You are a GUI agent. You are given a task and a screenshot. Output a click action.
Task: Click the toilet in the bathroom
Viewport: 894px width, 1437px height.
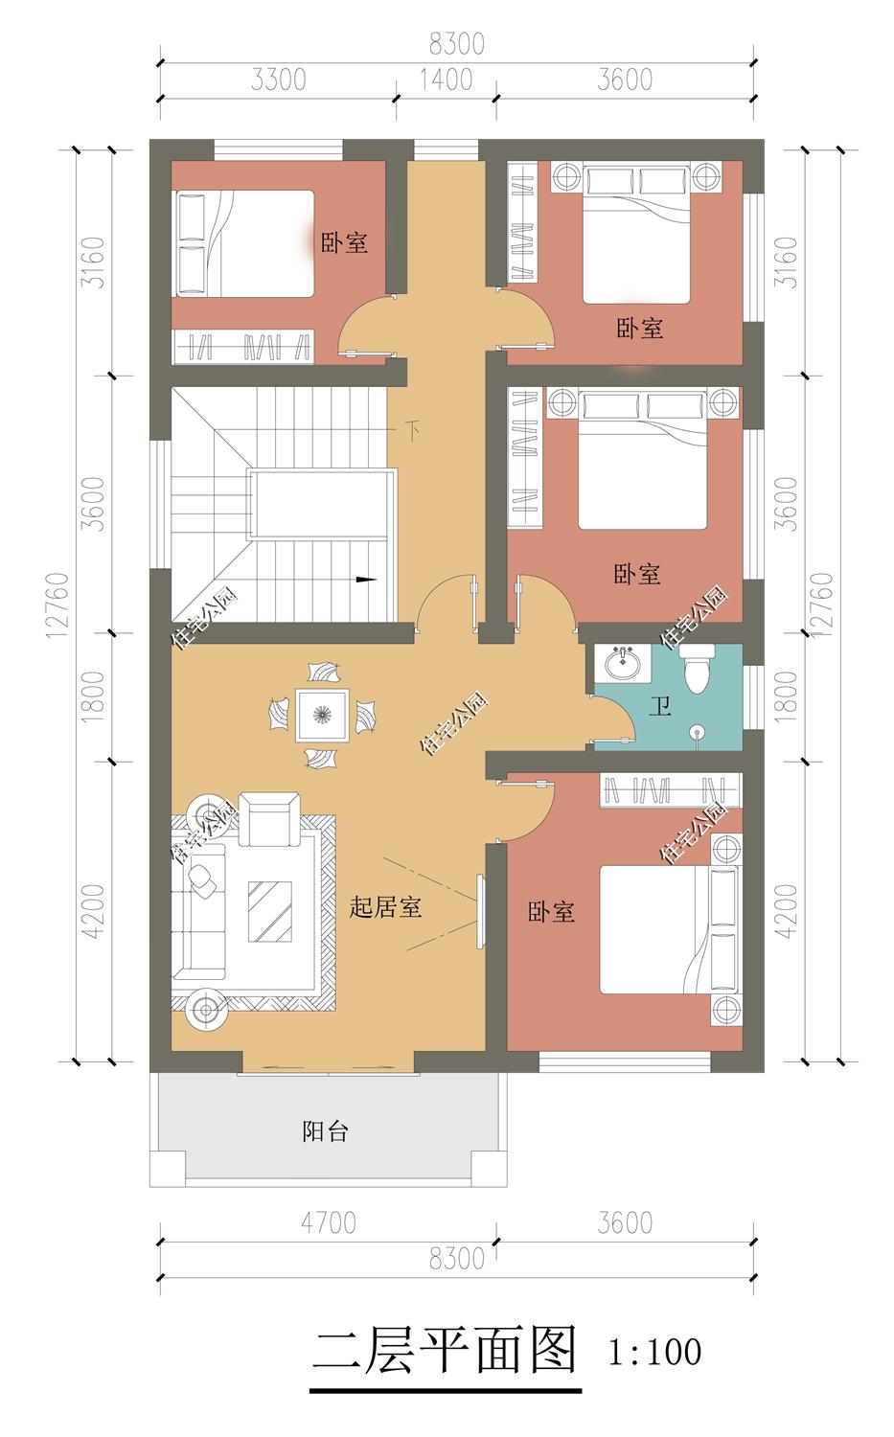click(697, 669)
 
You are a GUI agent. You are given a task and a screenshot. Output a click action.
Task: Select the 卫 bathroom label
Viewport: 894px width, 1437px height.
click(660, 707)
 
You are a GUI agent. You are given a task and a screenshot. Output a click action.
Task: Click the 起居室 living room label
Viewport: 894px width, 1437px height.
click(385, 906)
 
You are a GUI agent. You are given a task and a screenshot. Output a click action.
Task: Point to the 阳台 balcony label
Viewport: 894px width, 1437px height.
click(325, 1131)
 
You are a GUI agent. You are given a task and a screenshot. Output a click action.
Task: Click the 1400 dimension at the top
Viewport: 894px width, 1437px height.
click(446, 80)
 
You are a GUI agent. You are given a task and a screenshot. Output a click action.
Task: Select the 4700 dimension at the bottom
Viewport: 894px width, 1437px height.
click(329, 1222)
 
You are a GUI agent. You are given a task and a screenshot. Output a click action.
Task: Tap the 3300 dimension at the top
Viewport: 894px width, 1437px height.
click(279, 80)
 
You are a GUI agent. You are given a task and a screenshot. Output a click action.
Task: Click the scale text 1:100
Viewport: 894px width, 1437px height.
click(654, 1351)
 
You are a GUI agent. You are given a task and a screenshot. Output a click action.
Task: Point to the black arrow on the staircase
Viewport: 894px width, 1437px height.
click(366, 580)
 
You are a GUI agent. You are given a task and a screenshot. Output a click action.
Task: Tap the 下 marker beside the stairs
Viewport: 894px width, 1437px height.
click(412, 430)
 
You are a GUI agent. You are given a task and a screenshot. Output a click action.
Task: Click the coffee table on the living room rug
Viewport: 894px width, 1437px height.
click(270, 912)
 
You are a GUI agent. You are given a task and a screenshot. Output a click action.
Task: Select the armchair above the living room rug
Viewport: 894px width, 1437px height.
click(269, 819)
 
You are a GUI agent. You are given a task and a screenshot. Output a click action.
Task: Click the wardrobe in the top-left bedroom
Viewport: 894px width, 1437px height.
click(242, 347)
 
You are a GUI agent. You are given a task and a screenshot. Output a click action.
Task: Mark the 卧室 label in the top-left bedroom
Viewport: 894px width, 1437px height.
click(344, 242)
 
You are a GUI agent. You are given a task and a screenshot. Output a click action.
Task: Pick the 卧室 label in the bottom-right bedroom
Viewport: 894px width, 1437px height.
click(551, 912)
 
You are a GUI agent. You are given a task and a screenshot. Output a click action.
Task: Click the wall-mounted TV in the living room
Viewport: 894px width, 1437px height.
click(481, 910)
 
